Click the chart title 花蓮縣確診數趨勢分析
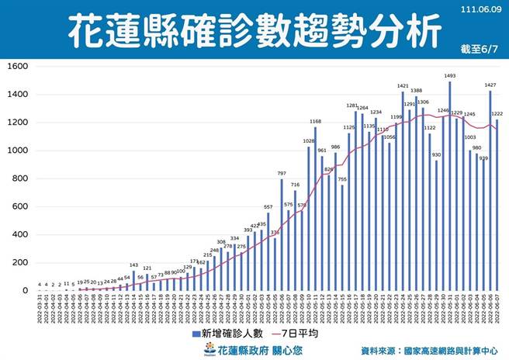[x=254, y=31]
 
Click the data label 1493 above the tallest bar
[x=449, y=75]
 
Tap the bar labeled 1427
[x=490, y=194]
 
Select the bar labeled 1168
[x=315, y=209]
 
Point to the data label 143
[x=133, y=265]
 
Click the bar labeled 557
[x=268, y=252]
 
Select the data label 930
[x=436, y=154]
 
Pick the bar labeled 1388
[x=415, y=194]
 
